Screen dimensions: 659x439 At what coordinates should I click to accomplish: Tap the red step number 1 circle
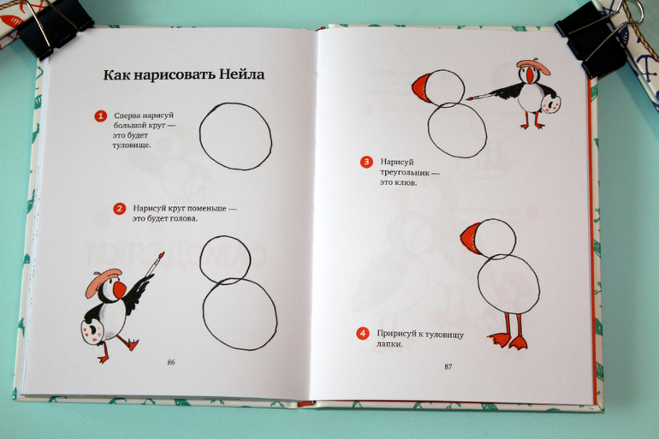pyautogui.click(x=100, y=116)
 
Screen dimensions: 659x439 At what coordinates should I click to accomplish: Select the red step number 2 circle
pyautogui.click(x=120, y=208)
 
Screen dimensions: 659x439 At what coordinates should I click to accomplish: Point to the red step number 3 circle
pyautogui.click(x=366, y=162)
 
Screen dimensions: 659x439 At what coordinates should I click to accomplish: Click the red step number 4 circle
pyautogui.click(x=363, y=334)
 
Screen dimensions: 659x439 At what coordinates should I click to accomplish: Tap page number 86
pyautogui.click(x=171, y=362)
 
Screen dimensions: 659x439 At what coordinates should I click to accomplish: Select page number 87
pyautogui.click(x=448, y=367)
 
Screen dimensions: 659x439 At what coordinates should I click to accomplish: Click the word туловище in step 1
pyautogui.click(x=132, y=145)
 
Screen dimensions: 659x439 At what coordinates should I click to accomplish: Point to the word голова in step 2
pyautogui.click(x=182, y=218)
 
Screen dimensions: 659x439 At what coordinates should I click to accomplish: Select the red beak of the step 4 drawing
pyautogui.click(x=471, y=239)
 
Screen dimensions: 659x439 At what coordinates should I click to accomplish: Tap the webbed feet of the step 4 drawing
pyautogui.click(x=508, y=340)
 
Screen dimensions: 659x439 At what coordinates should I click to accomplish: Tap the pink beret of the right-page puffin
pyautogui.click(x=534, y=67)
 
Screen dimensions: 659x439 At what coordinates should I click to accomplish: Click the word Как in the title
pyautogui.click(x=116, y=75)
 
